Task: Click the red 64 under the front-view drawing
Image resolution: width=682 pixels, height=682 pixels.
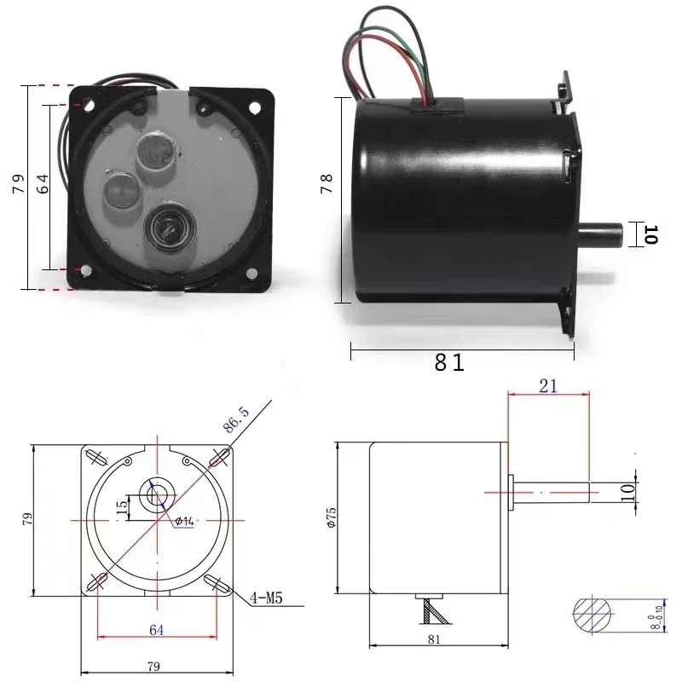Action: coord(156,629)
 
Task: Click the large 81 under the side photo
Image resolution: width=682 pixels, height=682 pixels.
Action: coord(449,362)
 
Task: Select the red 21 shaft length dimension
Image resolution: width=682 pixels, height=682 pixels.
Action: coord(548,385)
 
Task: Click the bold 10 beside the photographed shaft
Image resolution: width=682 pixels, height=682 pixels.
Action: coord(650,234)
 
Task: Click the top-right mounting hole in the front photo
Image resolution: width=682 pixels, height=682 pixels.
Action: coord(253,108)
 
